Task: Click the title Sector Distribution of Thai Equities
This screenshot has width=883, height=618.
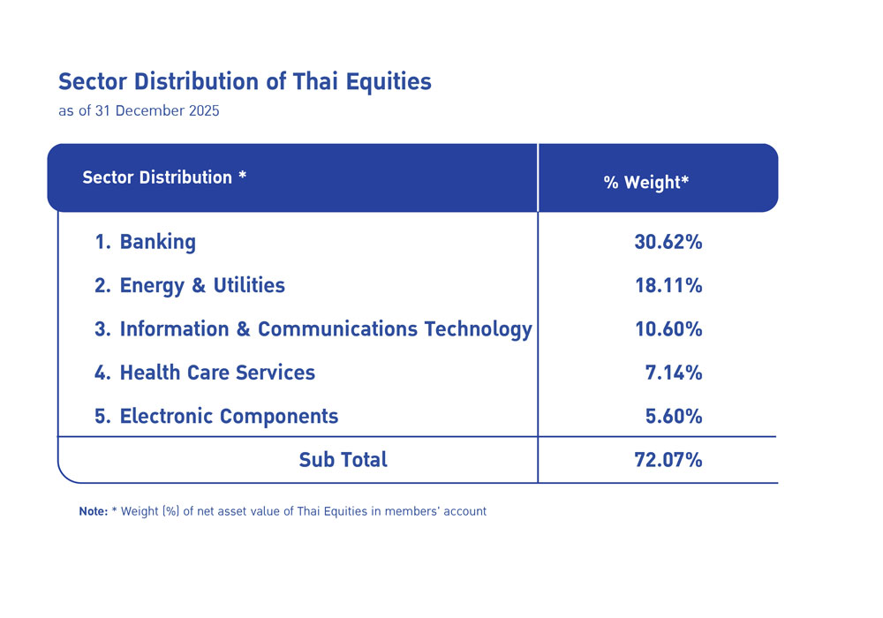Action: pos(245,82)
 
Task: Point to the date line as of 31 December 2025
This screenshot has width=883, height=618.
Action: pos(139,112)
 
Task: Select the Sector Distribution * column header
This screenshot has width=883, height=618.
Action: pos(164,177)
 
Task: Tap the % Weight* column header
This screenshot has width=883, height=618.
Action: pos(646,183)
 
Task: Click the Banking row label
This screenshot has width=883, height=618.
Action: pos(157,242)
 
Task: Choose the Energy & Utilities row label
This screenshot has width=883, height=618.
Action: pos(202,286)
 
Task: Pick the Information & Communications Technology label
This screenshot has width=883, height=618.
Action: pos(326,329)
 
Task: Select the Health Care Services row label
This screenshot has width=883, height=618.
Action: pos(217,373)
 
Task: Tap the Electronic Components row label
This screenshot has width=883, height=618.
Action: pos(229,416)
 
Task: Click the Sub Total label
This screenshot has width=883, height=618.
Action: pos(343,460)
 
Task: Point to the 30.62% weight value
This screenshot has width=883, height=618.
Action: pos(668,242)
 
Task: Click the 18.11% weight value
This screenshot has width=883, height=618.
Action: pos(668,286)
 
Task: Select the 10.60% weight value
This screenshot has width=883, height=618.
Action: pos(668,329)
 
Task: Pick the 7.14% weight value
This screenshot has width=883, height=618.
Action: pos(674,373)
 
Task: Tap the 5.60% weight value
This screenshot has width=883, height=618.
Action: pos(674,416)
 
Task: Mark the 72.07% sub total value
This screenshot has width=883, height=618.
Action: pos(668,460)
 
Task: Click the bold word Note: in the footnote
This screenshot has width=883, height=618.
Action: pos(93,511)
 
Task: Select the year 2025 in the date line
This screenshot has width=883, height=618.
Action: pos(202,112)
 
